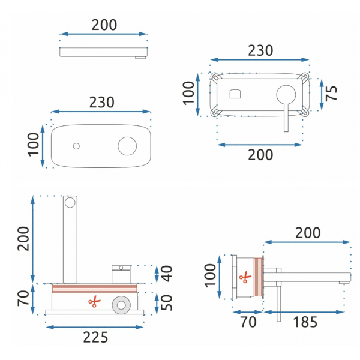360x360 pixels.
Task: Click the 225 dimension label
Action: (95, 337)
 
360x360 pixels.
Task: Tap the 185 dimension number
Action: (305, 322)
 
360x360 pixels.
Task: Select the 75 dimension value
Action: (331, 93)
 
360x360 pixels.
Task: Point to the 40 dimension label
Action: (166, 274)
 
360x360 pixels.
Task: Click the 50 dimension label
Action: (166, 302)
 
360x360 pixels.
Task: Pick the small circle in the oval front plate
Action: (76, 146)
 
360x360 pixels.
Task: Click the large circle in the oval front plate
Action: (127, 146)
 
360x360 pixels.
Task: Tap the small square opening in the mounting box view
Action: (235, 94)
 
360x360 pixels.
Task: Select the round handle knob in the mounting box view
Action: (286, 95)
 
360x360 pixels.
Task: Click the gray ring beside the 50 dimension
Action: (121, 305)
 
